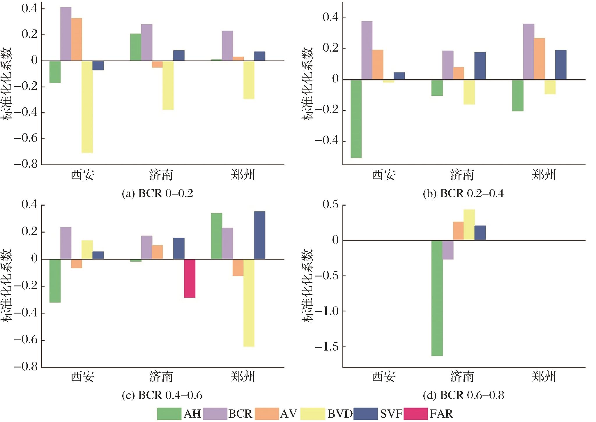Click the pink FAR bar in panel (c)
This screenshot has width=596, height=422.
[190, 278]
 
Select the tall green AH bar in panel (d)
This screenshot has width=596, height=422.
[437, 298]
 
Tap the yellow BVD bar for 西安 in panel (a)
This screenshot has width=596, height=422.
[87, 107]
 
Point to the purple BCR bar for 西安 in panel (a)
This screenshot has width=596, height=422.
[66, 34]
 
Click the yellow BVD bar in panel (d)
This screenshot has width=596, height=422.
[469, 225]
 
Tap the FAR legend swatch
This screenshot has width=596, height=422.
[416, 414]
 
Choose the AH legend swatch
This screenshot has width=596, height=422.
[169, 414]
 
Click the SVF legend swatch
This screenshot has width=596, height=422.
[366, 414]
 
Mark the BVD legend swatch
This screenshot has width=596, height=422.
[313, 414]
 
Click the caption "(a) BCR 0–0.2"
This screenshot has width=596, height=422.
[158, 193]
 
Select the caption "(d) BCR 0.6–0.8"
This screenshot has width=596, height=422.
[463, 395]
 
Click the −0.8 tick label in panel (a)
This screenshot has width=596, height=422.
[26, 164]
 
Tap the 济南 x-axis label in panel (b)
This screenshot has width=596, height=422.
[462, 175]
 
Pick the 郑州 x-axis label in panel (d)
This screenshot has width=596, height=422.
[544, 377]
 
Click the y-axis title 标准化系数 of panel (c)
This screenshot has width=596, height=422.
[7, 286]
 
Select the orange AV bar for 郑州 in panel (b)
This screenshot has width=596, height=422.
[539, 59]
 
